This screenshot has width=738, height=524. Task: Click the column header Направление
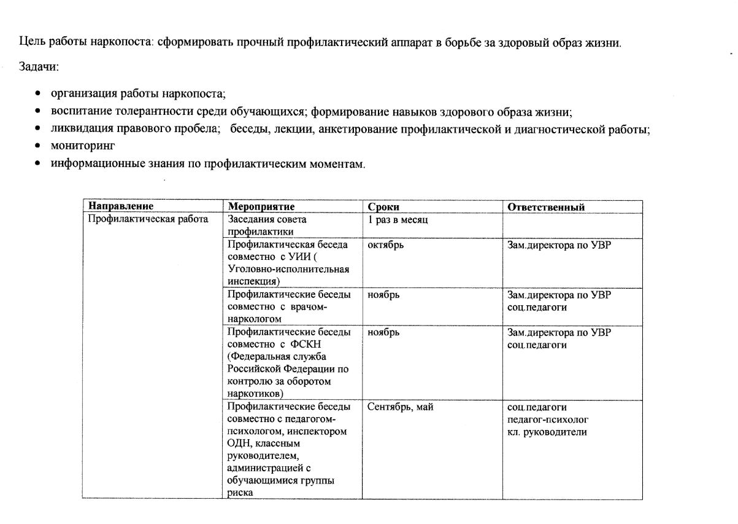coord(121,207)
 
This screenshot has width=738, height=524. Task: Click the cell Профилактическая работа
coord(148,219)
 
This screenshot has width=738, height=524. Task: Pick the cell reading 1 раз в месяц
coord(398,219)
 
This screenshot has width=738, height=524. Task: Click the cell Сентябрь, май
coord(400,407)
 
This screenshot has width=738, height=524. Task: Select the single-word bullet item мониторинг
coord(83,146)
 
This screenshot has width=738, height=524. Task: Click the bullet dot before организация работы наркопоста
coord(39,94)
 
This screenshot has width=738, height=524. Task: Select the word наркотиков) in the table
coord(255,394)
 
